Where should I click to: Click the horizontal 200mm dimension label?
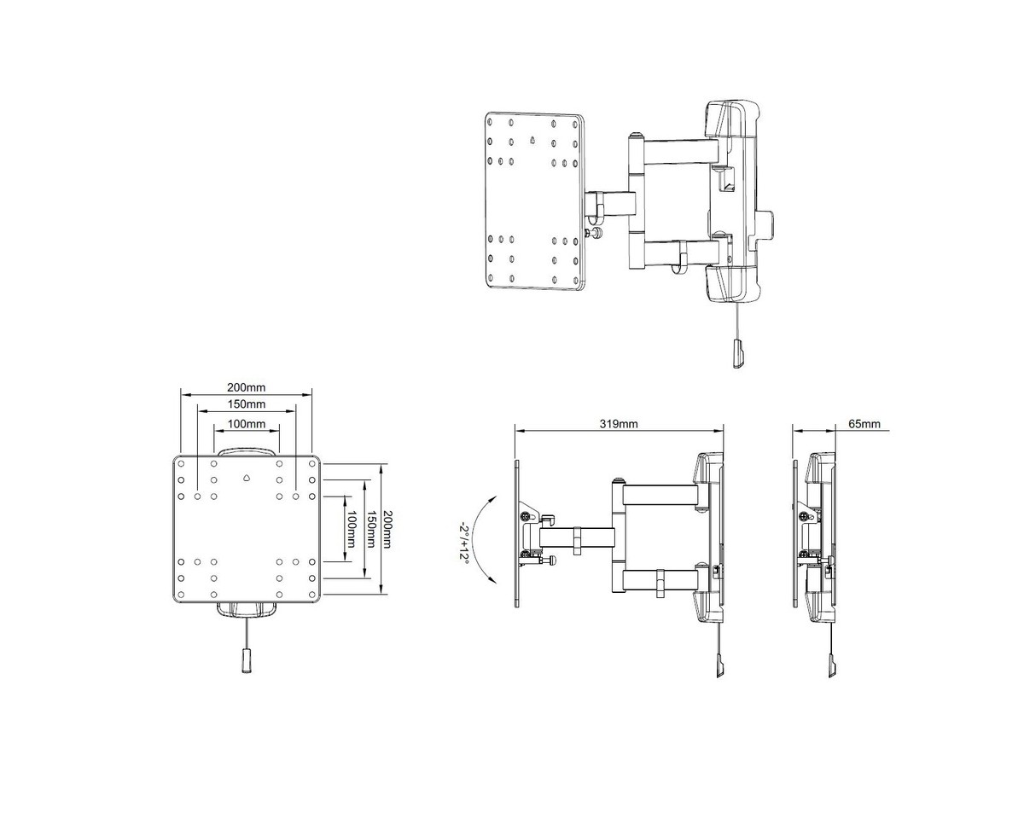point(246,387)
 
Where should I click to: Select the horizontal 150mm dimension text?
point(246,404)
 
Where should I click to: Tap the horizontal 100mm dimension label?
point(246,423)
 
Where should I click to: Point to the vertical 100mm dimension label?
point(352,529)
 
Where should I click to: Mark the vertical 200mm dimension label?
point(387,529)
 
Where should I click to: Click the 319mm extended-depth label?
point(618,423)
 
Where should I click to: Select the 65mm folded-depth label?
point(864,423)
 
